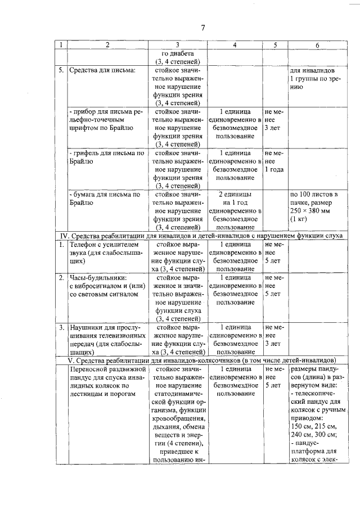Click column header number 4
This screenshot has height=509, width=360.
pos(235,44)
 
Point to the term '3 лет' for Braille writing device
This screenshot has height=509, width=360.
pos(273,128)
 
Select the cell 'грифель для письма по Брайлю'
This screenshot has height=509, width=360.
pos(105,156)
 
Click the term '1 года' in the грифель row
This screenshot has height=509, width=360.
pos(274,169)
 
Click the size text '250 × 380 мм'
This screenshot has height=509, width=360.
pos(312,210)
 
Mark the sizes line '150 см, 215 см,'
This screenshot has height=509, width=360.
pos(312,426)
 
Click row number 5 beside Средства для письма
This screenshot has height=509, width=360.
pos(61,72)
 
